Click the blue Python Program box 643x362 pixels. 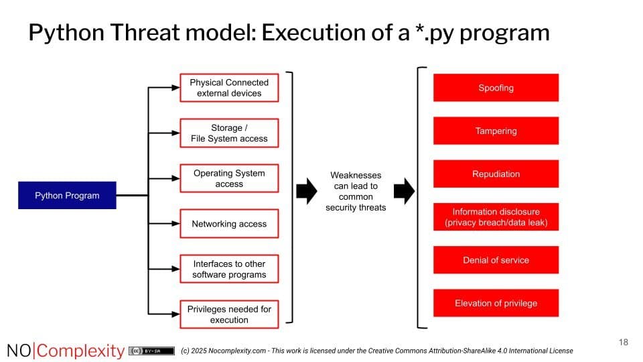[x=67, y=195]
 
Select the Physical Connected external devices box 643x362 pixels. [x=229, y=88]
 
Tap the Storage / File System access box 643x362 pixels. [x=229, y=133]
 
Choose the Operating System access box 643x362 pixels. [x=229, y=178]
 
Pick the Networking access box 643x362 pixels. [x=229, y=224]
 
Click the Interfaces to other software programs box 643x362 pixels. [x=229, y=269]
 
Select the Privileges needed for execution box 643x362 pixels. [x=229, y=314]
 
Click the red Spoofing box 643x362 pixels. [x=496, y=88]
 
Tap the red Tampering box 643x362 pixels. [x=496, y=131]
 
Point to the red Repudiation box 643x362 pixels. [x=496, y=174]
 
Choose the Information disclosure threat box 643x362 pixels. [x=496, y=217]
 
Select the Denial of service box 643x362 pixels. [x=496, y=260]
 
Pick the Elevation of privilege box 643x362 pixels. [x=496, y=303]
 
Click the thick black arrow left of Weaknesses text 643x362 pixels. [x=306, y=191]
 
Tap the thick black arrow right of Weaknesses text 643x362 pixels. [x=404, y=191]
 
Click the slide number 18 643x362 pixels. [x=623, y=343]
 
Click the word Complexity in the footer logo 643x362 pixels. [x=80, y=351]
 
